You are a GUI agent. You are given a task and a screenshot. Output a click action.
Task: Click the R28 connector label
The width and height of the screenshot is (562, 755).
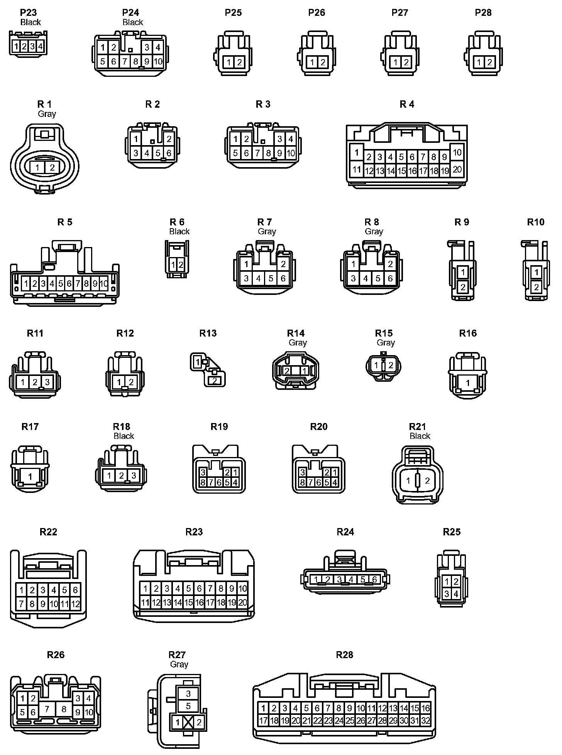[344, 655]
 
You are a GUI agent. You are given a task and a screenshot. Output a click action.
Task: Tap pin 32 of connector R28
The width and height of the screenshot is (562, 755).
[425, 721]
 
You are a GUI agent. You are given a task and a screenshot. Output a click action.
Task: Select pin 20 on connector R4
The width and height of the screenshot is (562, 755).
[457, 169]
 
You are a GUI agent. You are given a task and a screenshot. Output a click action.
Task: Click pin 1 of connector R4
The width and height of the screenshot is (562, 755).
[357, 152]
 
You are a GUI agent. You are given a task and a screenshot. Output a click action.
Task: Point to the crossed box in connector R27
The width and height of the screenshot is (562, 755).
[188, 722]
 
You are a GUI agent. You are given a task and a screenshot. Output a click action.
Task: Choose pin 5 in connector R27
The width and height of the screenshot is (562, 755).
[188, 706]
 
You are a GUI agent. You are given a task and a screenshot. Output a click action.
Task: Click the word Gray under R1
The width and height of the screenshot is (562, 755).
[47, 114]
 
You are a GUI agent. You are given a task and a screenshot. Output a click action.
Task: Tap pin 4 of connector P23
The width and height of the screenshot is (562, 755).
[40, 47]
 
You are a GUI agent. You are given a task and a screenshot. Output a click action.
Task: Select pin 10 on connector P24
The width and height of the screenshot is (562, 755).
[158, 61]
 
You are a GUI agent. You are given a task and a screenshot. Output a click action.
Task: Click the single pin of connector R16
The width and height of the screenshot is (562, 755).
[468, 383]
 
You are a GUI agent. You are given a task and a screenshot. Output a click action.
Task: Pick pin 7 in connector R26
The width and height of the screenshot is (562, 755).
[47, 709]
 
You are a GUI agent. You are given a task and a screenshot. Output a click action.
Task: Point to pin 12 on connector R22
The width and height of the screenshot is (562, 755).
[75, 604]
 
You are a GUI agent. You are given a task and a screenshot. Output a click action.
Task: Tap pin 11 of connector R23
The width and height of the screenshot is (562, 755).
[145, 602]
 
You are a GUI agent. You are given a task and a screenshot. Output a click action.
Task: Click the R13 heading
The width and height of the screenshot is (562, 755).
[208, 333]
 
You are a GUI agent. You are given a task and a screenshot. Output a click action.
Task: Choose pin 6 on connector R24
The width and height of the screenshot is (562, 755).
[374, 579]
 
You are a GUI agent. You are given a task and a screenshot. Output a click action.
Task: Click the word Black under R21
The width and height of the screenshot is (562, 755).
[420, 436]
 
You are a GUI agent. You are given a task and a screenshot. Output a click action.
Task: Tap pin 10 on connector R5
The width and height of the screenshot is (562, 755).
[104, 284]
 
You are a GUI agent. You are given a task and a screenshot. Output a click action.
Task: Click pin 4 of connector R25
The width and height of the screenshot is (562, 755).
[456, 594]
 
